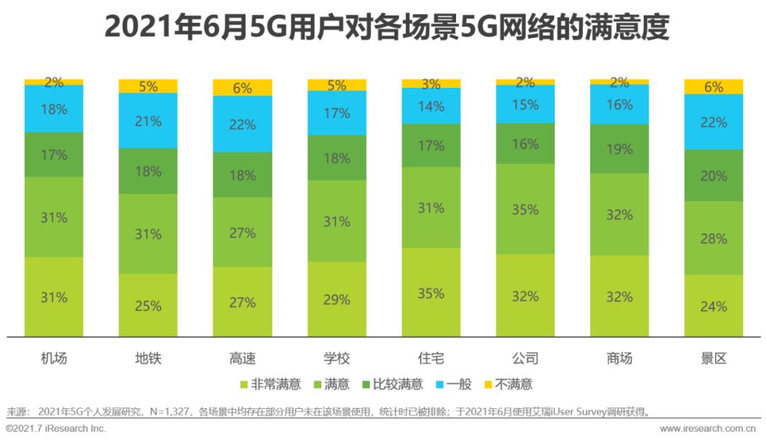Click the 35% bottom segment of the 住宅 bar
(431, 293)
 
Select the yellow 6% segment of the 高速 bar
(243, 88)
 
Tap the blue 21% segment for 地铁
(148, 120)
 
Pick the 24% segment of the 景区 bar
(714, 306)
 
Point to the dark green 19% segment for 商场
(619, 149)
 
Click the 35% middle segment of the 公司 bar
(526, 209)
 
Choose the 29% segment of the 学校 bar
(337, 299)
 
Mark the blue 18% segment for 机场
(54, 109)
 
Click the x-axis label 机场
(54, 358)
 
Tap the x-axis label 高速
(243, 358)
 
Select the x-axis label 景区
(714, 358)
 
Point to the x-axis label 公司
(526, 358)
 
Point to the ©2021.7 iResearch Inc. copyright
(56, 429)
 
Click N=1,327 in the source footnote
(169, 412)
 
